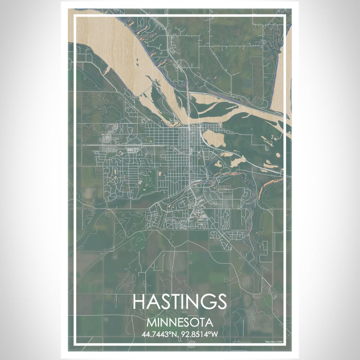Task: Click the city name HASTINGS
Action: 179,302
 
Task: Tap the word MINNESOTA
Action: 179,323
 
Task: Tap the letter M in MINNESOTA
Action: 150,323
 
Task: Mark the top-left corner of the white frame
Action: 75,16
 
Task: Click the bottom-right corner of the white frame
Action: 284,344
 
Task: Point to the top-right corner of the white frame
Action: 284,16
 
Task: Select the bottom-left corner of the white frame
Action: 75,344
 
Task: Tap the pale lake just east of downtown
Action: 214,138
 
